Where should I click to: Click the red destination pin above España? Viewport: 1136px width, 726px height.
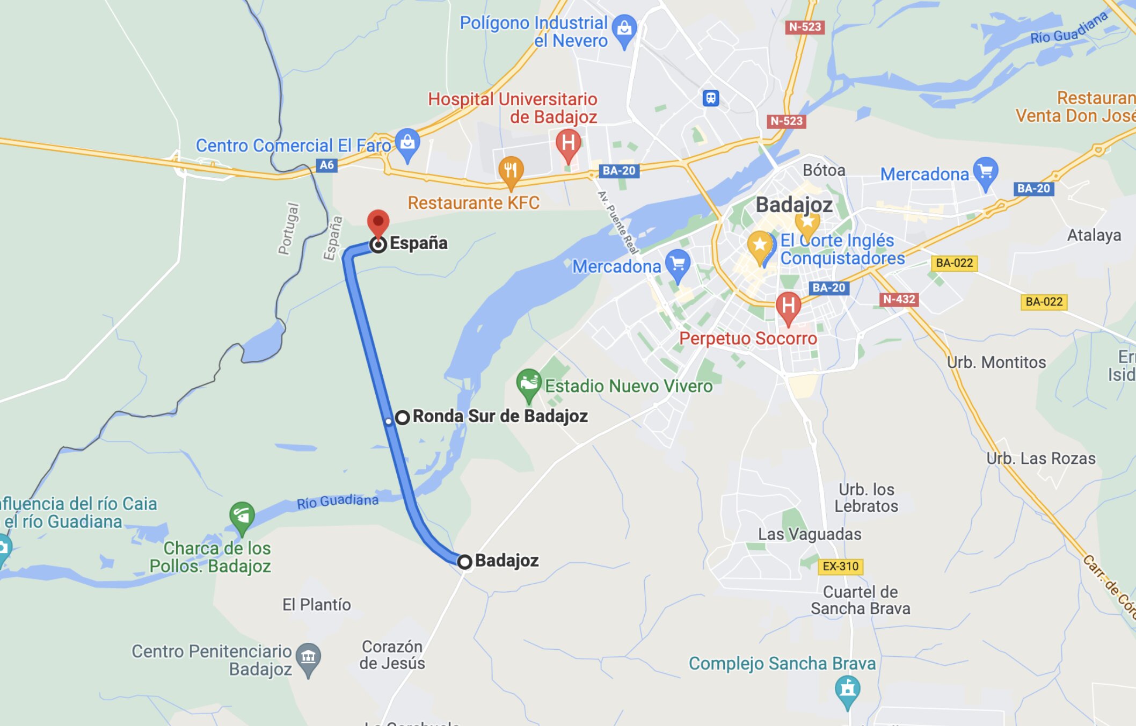click(378, 222)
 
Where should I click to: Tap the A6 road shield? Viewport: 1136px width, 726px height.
click(326, 165)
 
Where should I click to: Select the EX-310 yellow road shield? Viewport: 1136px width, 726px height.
click(840, 567)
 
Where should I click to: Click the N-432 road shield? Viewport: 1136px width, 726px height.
click(899, 299)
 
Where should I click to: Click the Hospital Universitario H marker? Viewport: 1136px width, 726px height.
click(568, 143)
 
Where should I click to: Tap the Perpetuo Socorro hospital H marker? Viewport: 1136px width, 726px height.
click(788, 306)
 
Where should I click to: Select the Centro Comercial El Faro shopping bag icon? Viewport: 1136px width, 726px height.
click(407, 142)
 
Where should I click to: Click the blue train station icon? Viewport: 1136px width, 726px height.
click(711, 98)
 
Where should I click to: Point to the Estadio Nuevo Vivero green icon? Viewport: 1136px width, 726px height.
click(528, 382)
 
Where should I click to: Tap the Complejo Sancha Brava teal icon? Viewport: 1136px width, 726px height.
click(847, 689)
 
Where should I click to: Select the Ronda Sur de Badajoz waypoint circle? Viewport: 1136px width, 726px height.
click(402, 417)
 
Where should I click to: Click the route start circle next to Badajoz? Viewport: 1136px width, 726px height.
click(464, 562)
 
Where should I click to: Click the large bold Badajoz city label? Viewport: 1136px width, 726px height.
click(793, 205)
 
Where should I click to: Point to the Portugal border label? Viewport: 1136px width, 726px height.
click(288, 228)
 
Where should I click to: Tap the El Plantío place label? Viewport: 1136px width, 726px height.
click(316, 605)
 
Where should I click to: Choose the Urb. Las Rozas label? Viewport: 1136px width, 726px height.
click(1040, 459)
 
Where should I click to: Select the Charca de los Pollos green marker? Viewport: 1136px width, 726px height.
click(242, 516)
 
